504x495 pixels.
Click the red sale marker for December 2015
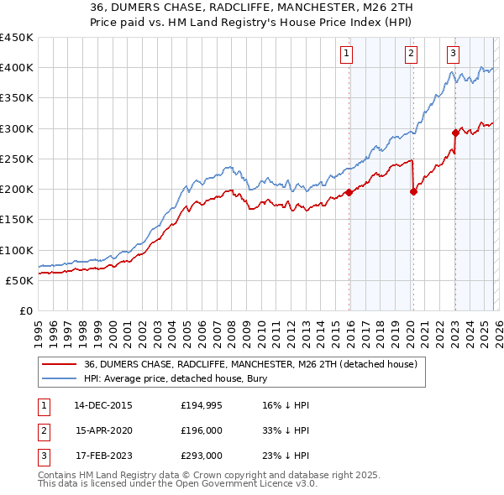coord(349,192)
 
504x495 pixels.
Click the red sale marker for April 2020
coord(413,191)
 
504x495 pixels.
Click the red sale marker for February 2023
coord(455,133)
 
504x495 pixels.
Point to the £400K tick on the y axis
coord(17,68)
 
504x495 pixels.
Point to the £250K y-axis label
coord(17,159)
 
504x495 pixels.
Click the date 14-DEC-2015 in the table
coord(103,405)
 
